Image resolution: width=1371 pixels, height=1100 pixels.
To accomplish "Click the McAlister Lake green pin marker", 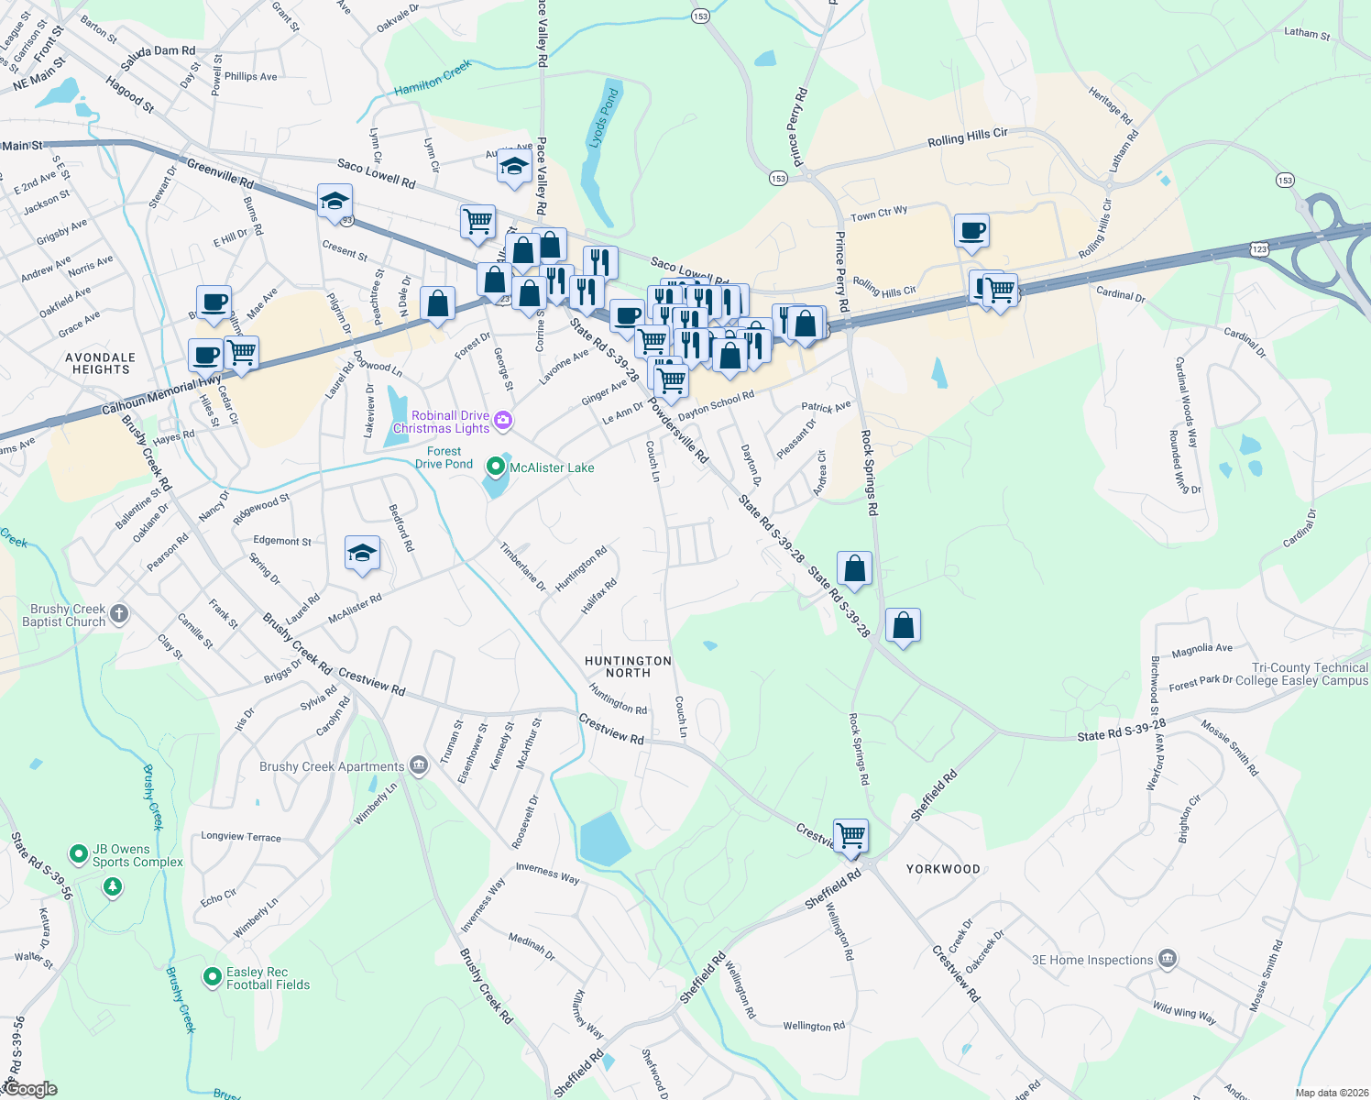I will click(x=496, y=467).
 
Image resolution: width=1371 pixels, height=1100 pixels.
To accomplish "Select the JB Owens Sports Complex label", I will click(x=137, y=855).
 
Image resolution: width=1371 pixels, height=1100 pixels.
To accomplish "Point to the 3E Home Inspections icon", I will click(x=1167, y=960).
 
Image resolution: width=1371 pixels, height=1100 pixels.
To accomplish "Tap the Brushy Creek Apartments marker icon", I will click(x=419, y=765).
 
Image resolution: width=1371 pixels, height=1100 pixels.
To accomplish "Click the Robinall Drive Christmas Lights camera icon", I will click(x=502, y=421).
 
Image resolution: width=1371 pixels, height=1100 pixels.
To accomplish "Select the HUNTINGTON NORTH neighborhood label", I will click(x=628, y=666).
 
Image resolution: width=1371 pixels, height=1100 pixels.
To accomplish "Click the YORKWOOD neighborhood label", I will click(x=943, y=869).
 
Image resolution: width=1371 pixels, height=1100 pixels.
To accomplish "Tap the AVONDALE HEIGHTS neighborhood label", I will click(x=101, y=363).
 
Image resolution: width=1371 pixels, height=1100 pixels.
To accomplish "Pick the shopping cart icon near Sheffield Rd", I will click(x=850, y=835).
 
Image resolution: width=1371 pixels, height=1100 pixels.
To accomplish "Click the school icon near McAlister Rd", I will click(x=362, y=553).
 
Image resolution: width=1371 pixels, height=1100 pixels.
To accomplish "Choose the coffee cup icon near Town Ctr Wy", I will click(x=971, y=230).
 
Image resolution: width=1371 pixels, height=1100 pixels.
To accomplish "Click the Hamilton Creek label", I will click(x=433, y=78).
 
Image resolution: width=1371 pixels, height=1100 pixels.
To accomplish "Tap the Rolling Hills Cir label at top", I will click(x=967, y=137).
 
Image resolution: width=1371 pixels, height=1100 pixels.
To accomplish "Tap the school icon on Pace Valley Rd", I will click(x=514, y=167).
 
